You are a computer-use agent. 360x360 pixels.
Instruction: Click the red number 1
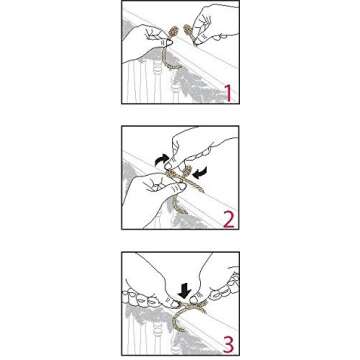(227, 93)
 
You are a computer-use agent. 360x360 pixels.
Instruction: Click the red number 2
(228, 217)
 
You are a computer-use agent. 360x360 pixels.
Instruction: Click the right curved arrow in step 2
(201, 172)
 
